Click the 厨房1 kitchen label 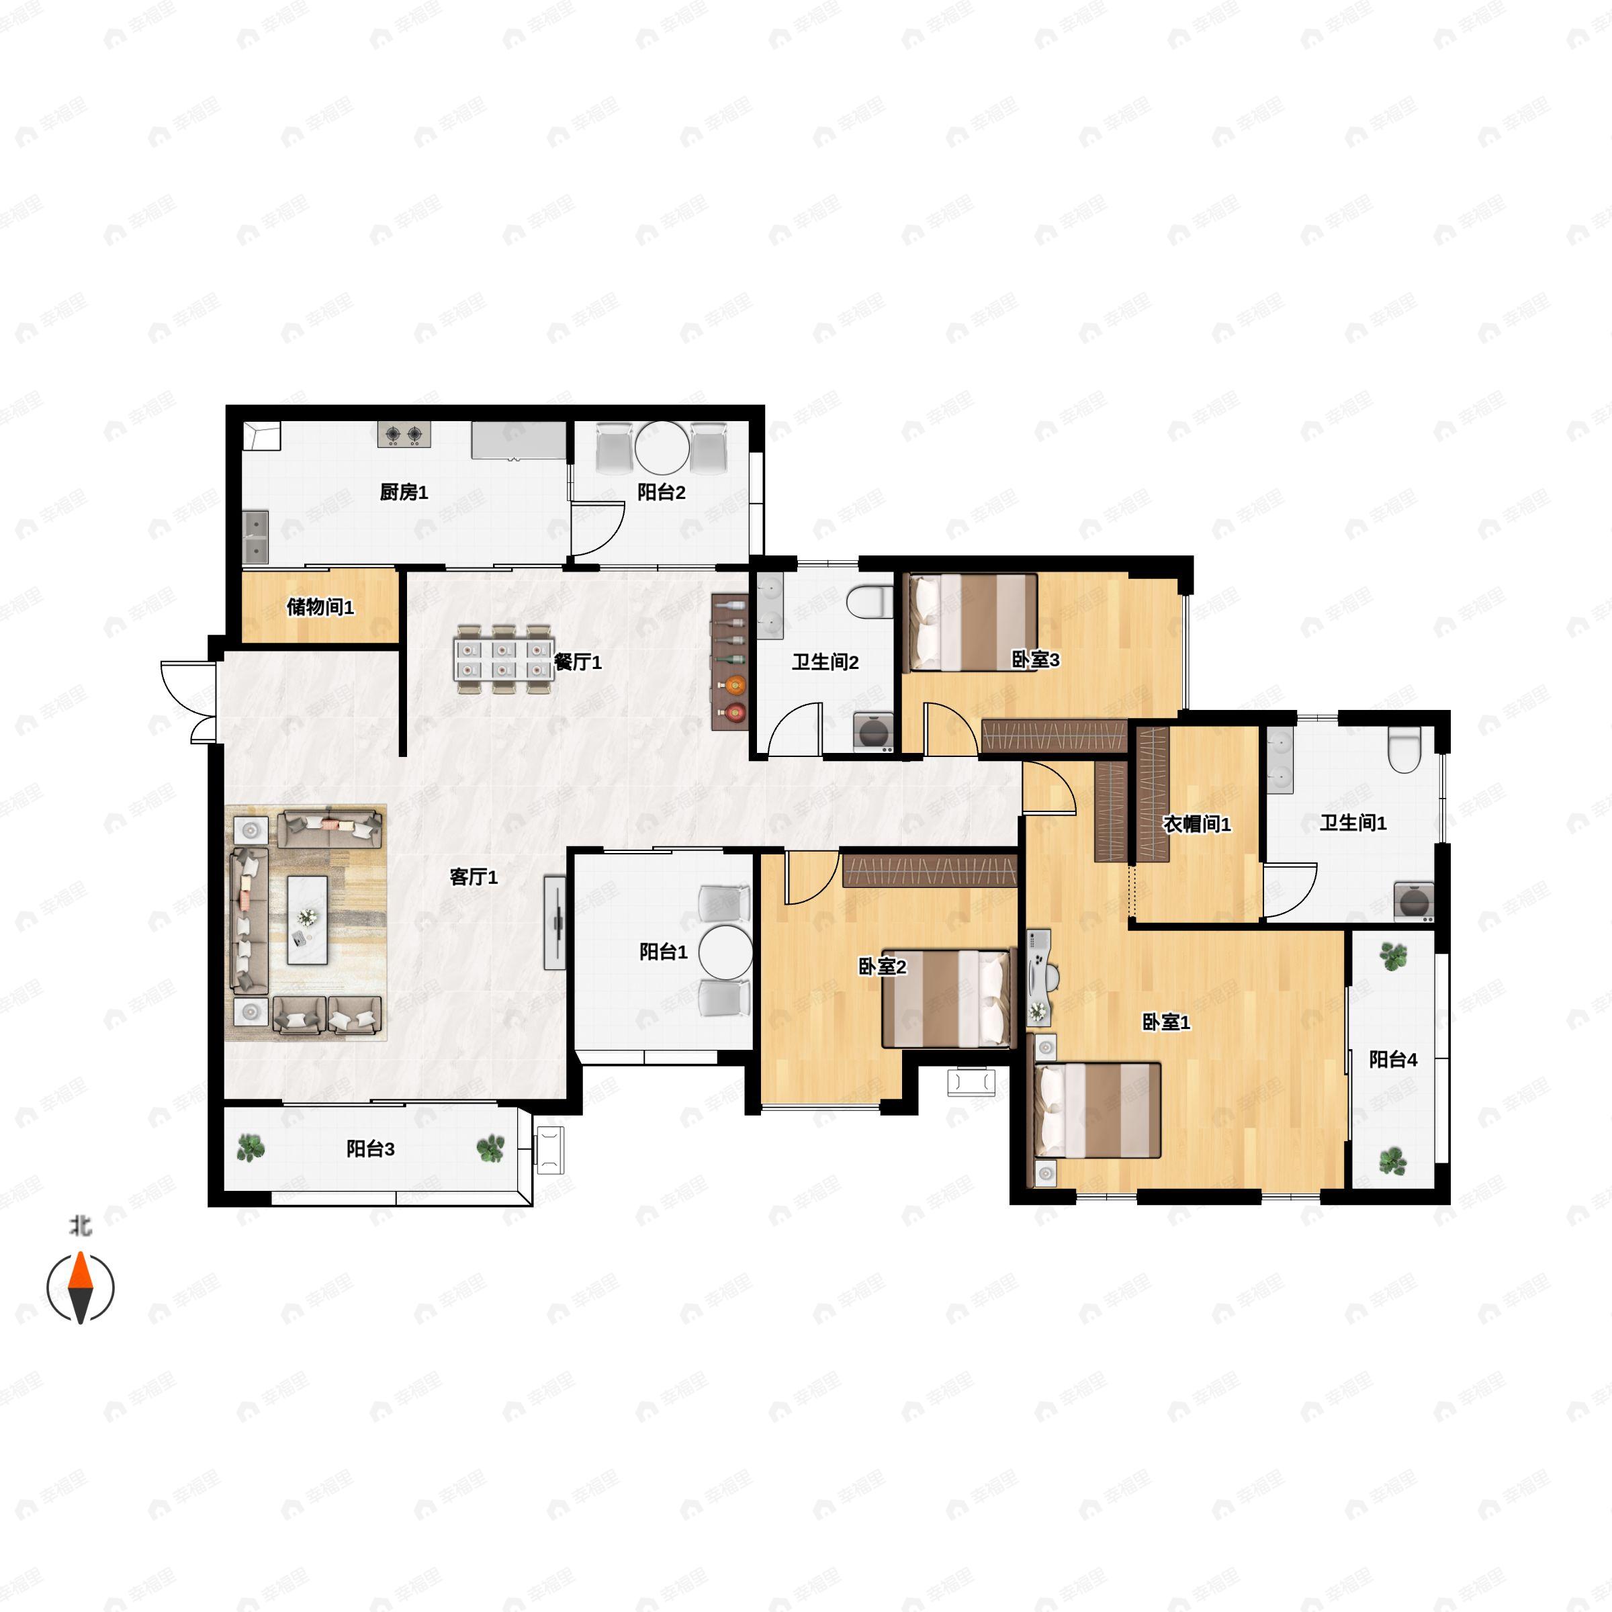pyautogui.click(x=404, y=492)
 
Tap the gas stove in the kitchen pyautogui.click(x=404, y=434)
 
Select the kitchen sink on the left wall pyautogui.click(x=255, y=537)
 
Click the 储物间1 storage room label pyautogui.click(x=320, y=607)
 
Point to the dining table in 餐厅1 pyautogui.click(x=504, y=659)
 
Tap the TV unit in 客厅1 pyautogui.click(x=555, y=922)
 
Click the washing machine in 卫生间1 pyautogui.click(x=1413, y=902)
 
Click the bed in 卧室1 pyautogui.click(x=1098, y=1110)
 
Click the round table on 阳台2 pyautogui.click(x=662, y=448)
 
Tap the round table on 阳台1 pyautogui.click(x=726, y=952)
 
